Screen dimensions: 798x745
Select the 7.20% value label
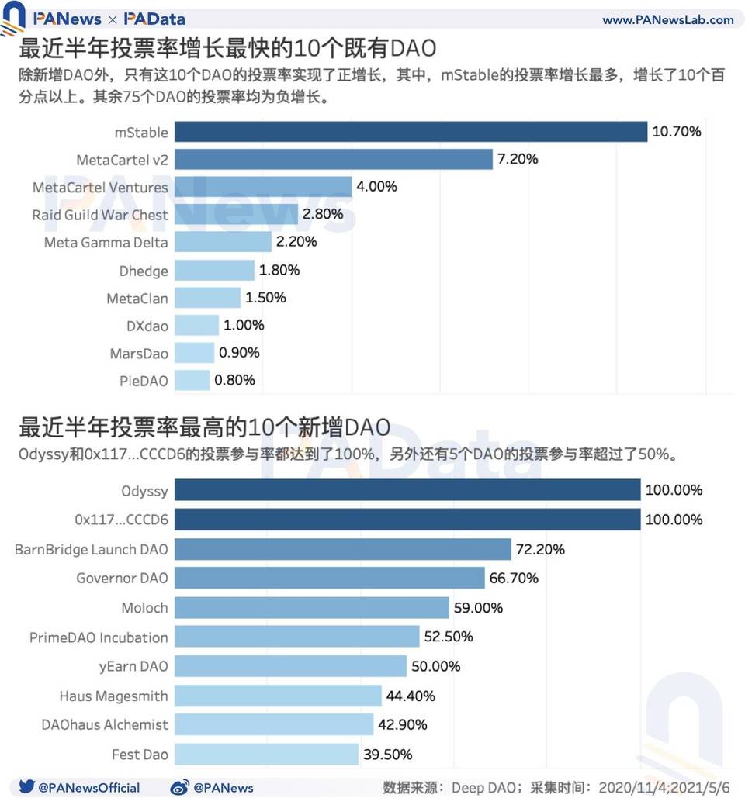pyautogui.click(x=518, y=160)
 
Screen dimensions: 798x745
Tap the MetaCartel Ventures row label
pyautogui.click(x=99, y=188)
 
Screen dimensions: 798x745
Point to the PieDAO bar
pyautogui.click(x=192, y=380)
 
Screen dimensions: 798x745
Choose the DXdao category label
pyautogui.click(x=147, y=326)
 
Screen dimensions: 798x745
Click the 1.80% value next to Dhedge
pyautogui.click(x=279, y=271)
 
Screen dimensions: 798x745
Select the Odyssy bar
pyautogui.click(x=407, y=490)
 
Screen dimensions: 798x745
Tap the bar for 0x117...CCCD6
pyautogui.click(x=407, y=520)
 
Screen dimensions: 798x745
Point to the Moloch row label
pyautogui.click(x=144, y=608)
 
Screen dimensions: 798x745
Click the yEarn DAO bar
pyautogui.click(x=290, y=666)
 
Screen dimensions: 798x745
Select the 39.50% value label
pyautogui.click(x=387, y=755)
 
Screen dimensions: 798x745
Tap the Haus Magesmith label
pyautogui.click(x=113, y=696)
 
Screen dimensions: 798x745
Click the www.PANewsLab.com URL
pyautogui.click(x=667, y=20)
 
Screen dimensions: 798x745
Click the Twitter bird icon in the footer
pyautogui.click(x=26, y=786)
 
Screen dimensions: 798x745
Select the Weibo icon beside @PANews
pyautogui.click(x=179, y=786)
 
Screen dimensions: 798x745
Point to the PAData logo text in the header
pyautogui.click(x=154, y=19)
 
